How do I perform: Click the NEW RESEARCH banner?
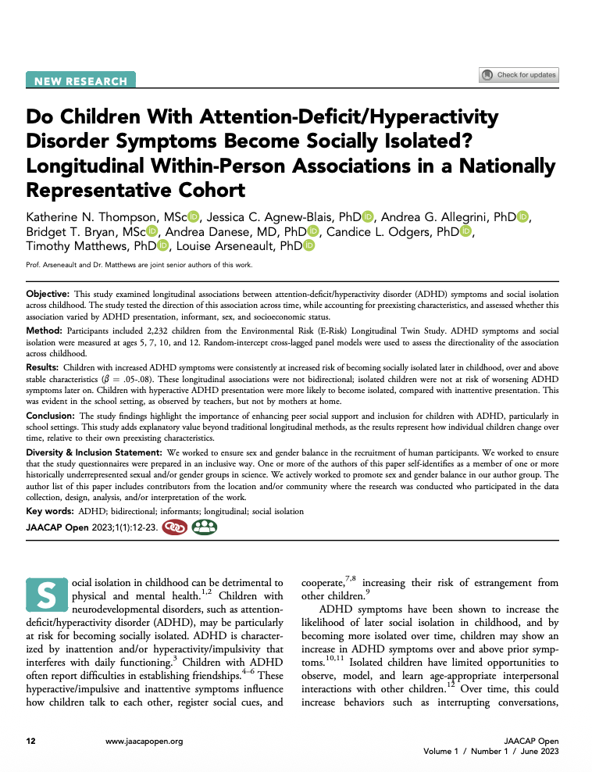click(80, 80)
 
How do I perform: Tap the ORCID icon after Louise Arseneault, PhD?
click(308, 246)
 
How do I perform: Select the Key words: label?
click(50, 511)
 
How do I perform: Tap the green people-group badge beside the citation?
click(205, 527)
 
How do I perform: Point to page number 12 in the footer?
click(30, 742)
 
